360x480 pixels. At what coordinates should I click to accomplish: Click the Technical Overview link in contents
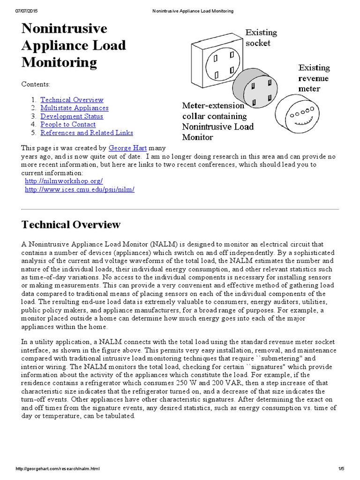pos(72,100)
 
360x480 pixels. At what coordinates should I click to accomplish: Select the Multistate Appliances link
pos(74,108)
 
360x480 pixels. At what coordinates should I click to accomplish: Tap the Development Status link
pos(72,116)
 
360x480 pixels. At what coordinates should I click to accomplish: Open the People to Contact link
pos(68,125)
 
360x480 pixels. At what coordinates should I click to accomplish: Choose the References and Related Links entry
pos(87,133)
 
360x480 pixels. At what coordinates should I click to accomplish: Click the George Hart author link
pos(127,148)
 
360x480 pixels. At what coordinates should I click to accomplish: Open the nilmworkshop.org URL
pos(63,181)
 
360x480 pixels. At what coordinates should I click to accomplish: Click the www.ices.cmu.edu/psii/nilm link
pos(79,189)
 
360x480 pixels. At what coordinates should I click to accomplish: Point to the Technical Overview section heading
pos(71,225)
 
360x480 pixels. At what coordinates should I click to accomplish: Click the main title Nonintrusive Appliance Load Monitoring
pos(74,45)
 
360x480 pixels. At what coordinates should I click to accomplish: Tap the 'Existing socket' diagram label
pos(261,38)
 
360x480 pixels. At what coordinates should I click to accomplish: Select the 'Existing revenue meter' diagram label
pos(314,78)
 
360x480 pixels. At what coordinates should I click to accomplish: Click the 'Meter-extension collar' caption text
pos(217,121)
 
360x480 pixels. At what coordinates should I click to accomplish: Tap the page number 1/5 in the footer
pos(341,469)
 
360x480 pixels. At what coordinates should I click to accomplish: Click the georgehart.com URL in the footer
pos(58,469)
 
